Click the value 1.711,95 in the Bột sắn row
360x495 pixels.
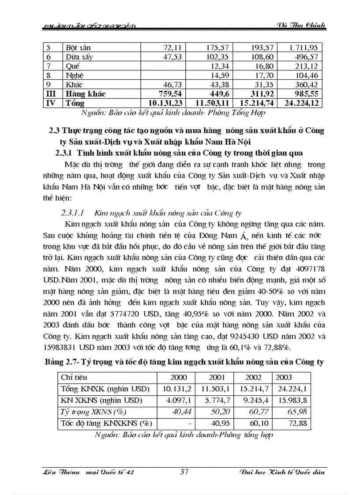coord(303,47)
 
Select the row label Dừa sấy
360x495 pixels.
coord(77,56)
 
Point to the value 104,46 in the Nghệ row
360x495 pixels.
coord(305,75)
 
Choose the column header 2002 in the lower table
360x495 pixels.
coord(253,377)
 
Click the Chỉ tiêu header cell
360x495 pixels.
coord(74,377)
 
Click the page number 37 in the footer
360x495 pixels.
coord(184,472)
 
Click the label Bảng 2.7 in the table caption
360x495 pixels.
coord(63,362)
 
